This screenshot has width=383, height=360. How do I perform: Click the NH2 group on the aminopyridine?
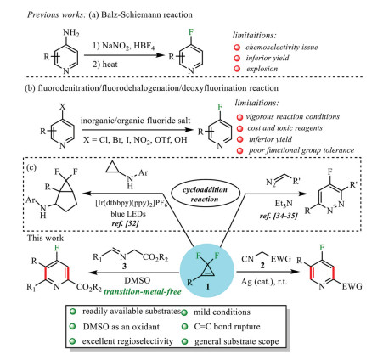click(x=70, y=33)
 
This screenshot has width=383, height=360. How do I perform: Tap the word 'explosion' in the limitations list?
click(x=262, y=69)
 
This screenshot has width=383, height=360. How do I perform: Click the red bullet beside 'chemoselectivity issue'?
click(x=237, y=48)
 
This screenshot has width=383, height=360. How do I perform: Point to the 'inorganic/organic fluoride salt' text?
click(x=136, y=121)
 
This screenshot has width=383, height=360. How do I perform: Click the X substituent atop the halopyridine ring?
click(x=63, y=107)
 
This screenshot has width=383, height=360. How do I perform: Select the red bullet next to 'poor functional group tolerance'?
click(x=240, y=150)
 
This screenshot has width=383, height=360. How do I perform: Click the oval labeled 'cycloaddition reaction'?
click(x=206, y=194)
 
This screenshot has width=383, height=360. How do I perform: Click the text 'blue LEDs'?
click(x=128, y=214)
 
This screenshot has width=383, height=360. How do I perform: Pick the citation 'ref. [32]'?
click(x=126, y=223)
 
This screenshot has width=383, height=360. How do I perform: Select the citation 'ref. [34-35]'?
click(x=279, y=216)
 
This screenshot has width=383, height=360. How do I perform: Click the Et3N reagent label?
click(x=284, y=203)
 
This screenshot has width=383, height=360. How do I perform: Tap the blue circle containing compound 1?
click(x=207, y=271)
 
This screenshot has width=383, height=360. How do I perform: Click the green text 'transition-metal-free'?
click(x=143, y=291)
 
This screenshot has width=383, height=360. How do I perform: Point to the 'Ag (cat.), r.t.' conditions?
click(x=264, y=282)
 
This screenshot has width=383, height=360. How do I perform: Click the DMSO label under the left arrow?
click(x=138, y=280)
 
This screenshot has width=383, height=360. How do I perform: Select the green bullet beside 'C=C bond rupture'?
click(x=185, y=327)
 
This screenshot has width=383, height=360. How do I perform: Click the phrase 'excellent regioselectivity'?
click(x=127, y=341)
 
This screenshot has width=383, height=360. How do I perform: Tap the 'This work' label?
click(x=45, y=238)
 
